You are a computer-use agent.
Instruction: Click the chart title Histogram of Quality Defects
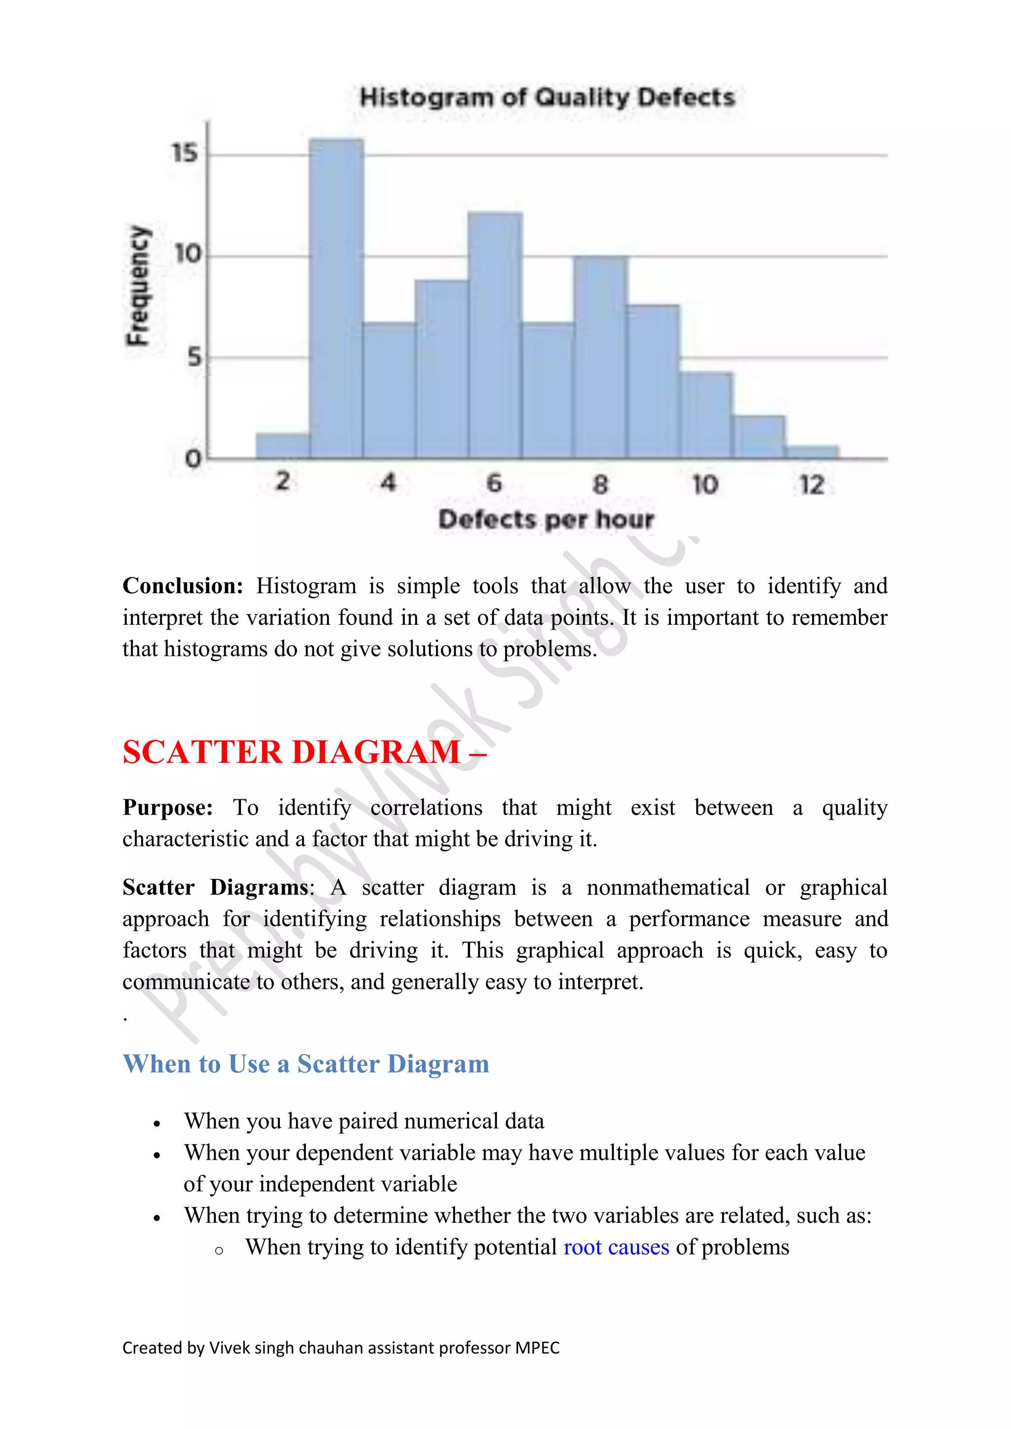547,98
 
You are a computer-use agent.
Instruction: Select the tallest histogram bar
336,299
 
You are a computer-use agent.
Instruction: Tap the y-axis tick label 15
185,153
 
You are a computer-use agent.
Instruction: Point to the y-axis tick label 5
195,357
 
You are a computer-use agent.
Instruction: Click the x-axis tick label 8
600,484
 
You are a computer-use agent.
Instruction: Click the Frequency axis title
138,285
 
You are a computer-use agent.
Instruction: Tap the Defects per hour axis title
546,520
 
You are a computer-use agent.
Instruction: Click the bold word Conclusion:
182,586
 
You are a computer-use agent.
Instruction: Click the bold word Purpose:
167,808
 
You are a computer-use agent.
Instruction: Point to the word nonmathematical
667,888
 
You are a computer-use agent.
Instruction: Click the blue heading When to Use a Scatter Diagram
306,1064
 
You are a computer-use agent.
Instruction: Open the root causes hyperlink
616,1247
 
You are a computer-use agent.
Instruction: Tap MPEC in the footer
537,1348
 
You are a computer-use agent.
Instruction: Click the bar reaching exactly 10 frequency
601,357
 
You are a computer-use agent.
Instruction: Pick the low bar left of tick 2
283,446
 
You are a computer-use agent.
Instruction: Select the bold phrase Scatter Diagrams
215,888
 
